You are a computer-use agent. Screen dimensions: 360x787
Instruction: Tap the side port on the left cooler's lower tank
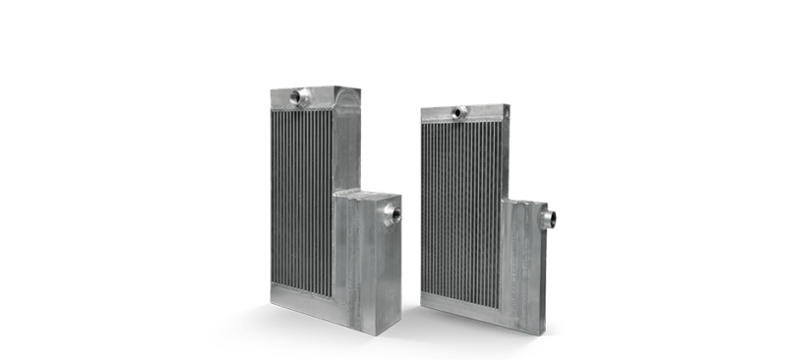(393, 212)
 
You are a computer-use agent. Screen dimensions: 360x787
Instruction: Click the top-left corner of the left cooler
(272, 91)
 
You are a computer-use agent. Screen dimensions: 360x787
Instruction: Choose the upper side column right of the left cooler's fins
(346, 148)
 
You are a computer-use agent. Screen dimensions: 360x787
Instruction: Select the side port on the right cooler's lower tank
(548, 216)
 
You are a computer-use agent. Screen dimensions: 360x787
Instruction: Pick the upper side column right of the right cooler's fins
(505, 157)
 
